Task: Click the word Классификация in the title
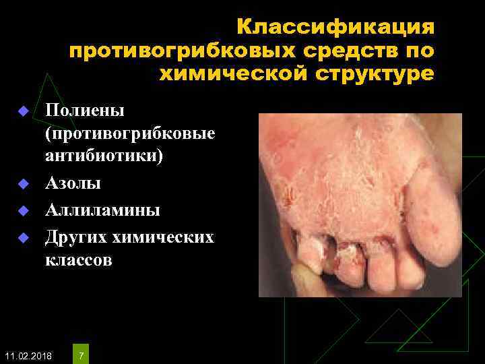[335, 28]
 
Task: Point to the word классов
[79, 260]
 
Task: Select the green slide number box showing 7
[82, 354]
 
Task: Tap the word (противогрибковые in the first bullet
[130, 133]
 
